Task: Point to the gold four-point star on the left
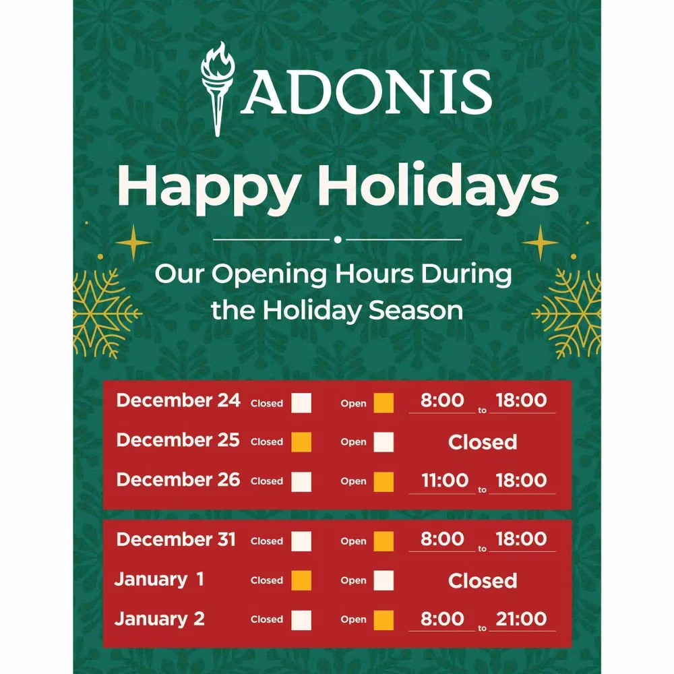133,242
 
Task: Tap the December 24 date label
178,400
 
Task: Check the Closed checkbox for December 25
301,442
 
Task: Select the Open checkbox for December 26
384,481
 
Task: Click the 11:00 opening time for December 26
445,481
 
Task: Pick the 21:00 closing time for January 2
521,619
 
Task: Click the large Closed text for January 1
483,581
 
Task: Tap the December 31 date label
176,540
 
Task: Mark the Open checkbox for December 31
384,541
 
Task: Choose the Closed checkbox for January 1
301,580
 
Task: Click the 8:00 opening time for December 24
442,400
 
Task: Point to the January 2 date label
160,619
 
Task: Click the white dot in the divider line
338,239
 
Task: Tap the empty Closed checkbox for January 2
301,619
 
